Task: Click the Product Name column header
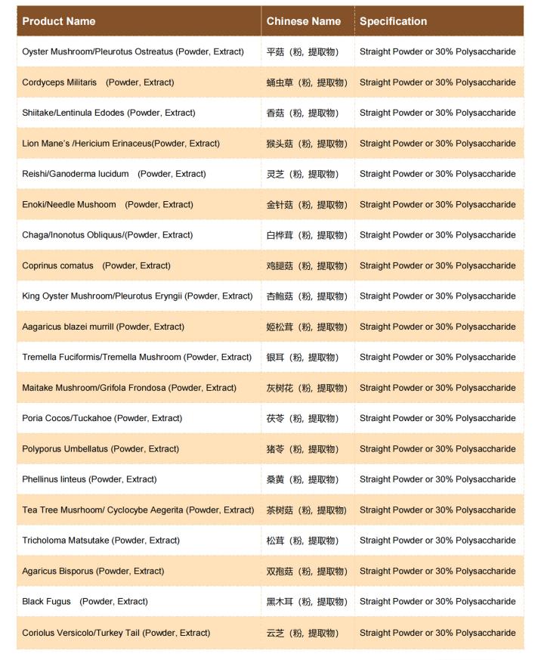click(x=59, y=21)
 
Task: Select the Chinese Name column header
click(x=304, y=21)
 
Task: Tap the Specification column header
click(x=393, y=21)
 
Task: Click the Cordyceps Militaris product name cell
click(x=98, y=82)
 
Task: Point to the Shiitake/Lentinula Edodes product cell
click(x=109, y=113)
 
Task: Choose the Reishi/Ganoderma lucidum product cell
click(x=114, y=174)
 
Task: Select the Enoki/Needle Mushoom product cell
click(x=108, y=204)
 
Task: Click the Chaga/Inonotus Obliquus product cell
click(x=107, y=235)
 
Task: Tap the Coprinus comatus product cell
click(x=97, y=265)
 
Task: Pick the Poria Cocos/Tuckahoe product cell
click(x=102, y=418)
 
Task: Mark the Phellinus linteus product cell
click(x=90, y=479)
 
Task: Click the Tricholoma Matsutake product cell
click(x=101, y=541)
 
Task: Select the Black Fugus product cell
click(x=85, y=602)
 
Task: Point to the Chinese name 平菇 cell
click(x=303, y=52)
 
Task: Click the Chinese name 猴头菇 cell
click(x=307, y=144)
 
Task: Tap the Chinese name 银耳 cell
click(x=303, y=357)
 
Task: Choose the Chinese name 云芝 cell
click(x=303, y=633)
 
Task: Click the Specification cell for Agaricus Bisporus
click(x=438, y=571)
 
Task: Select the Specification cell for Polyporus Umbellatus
click(x=438, y=449)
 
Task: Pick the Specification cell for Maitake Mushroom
click(x=438, y=388)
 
